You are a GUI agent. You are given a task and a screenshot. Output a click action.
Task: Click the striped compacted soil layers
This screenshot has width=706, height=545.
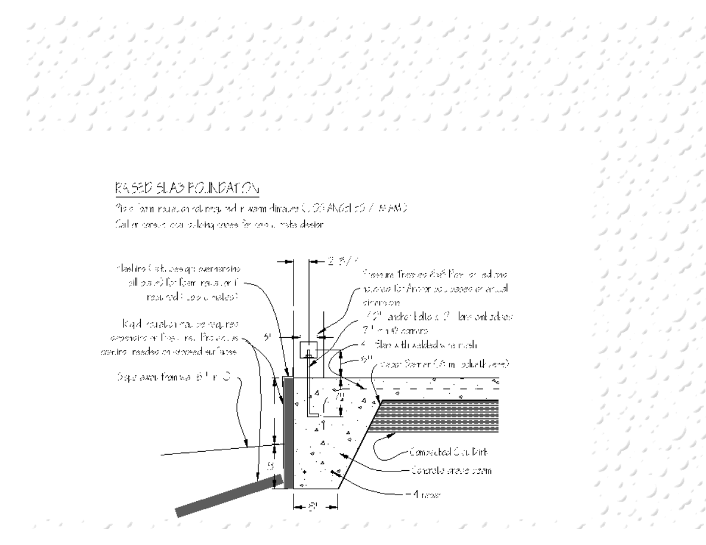point(440,416)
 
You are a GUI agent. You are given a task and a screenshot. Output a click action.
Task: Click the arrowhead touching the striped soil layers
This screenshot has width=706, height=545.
point(387,435)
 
